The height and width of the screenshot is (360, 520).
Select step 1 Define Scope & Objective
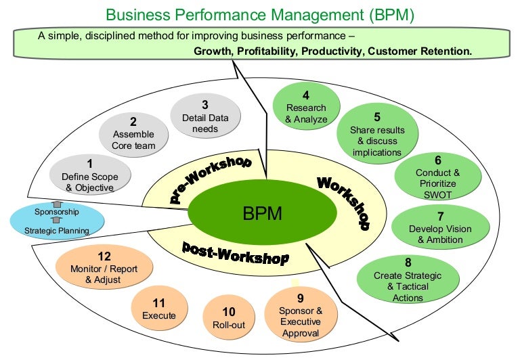pyautogui.click(x=91, y=175)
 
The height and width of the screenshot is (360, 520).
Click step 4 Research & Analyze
pyautogui.click(x=306, y=108)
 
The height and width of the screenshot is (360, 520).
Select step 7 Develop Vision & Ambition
pyautogui.click(x=440, y=228)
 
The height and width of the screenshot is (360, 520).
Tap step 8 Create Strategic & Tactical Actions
pyautogui.click(x=408, y=282)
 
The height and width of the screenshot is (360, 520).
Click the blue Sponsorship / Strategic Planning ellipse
pyautogui.click(x=58, y=221)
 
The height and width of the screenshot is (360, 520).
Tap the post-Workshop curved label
pyautogui.click(x=235, y=252)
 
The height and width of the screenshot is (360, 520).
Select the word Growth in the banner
pyautogui.click(x=211, y=51)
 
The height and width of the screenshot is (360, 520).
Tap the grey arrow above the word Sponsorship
pyautogui.click(x=57, y=203)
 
